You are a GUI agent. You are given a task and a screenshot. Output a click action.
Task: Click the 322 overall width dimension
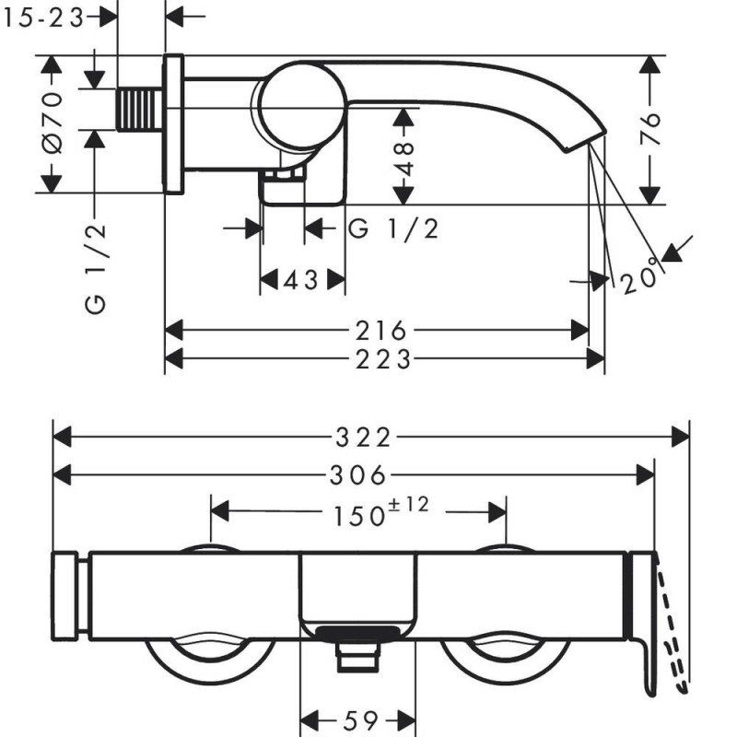[370, 436]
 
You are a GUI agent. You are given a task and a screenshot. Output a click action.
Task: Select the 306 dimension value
[356, 474]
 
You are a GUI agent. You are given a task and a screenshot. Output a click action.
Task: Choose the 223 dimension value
[380, 358]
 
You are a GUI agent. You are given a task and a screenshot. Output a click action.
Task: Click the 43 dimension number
[301, 280]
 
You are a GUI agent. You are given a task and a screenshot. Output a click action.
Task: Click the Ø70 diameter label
[51, 123]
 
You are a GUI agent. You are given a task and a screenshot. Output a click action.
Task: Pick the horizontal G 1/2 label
[393, 229]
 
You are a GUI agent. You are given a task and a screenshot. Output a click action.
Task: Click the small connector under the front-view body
[358, 656]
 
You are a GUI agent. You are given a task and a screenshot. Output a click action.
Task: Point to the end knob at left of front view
[68, 597]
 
